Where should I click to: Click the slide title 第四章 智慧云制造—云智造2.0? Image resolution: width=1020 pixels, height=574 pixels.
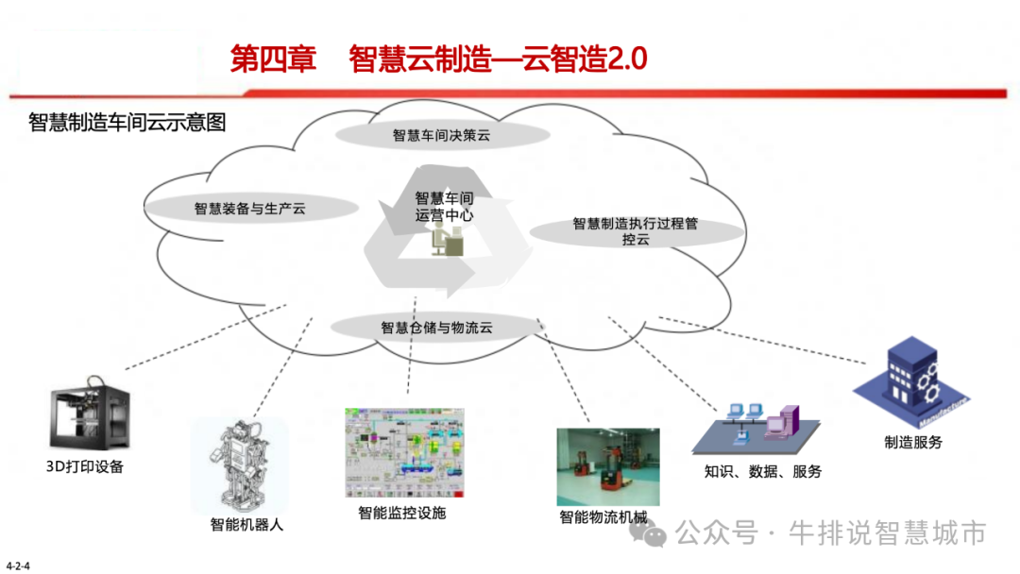439,59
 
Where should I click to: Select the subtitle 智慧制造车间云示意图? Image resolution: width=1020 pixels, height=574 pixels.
127,122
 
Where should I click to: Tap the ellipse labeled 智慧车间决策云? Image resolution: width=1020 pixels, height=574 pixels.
441,135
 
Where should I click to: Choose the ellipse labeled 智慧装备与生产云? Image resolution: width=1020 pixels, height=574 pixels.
250,208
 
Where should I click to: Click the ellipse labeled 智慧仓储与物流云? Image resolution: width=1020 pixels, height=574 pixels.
436,328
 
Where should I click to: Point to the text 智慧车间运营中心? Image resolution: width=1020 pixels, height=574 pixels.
444,207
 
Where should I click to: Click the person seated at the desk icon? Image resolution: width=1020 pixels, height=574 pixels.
446,242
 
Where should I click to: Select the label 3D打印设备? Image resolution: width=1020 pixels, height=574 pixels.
85,466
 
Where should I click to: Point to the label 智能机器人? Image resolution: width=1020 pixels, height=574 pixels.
246,525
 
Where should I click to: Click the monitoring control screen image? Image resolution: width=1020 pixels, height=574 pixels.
405,452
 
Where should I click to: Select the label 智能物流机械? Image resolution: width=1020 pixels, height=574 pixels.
603,517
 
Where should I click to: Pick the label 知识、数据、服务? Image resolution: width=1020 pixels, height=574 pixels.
763,471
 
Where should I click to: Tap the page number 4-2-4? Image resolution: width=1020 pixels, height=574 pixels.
19,566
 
